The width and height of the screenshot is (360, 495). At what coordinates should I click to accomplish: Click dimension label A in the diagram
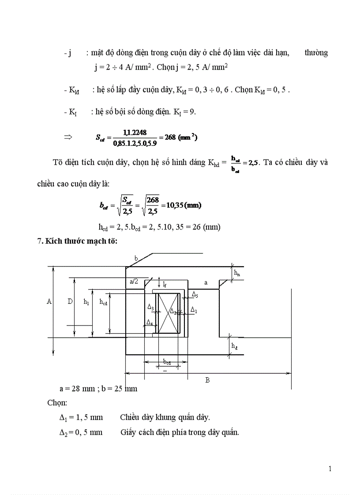click(49, 301)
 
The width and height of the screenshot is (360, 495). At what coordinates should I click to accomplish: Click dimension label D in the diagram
click(70, 301)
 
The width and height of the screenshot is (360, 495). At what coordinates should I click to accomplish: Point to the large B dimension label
click(207, 380)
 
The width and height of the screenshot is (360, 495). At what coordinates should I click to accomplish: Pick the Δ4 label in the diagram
click(150, 323)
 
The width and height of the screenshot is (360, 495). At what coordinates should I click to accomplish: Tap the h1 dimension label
click(86, 302)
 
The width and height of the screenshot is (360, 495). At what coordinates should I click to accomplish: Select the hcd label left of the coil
click(103, 302)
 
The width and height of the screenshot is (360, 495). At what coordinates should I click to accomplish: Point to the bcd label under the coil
click(167, 362)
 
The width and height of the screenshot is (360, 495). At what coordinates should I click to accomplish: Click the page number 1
click(330, 469)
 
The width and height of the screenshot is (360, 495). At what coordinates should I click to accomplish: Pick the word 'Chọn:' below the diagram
click(57, 403)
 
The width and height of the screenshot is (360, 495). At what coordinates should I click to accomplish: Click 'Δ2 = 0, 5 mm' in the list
click(81, 432)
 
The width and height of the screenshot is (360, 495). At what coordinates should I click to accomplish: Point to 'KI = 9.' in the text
click(184, 112)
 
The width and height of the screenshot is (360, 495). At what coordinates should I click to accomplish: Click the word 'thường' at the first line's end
click(316, 53)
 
